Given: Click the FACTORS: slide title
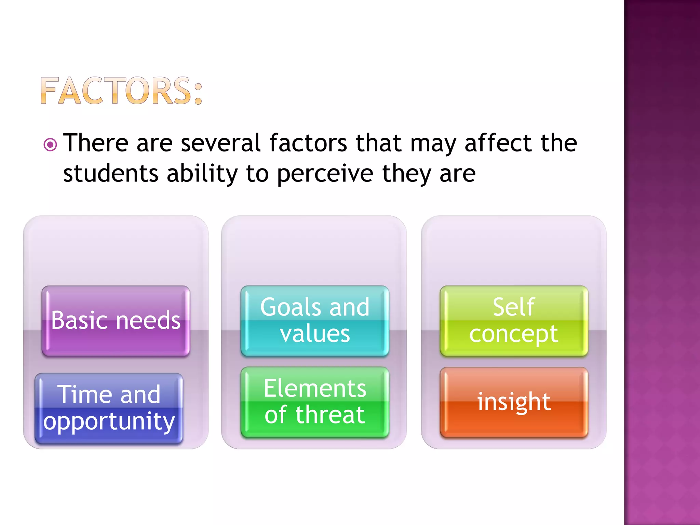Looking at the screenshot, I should [121, 91].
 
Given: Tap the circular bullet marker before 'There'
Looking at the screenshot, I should [50, 145].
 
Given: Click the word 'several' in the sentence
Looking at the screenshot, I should [221, 143].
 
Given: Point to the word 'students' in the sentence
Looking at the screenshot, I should [111, 173].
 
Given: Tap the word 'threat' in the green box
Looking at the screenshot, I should [330, 415].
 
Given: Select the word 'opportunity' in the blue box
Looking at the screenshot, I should [109, 422].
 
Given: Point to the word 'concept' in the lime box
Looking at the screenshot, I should [514, 334].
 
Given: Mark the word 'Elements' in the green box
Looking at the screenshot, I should [315, 389].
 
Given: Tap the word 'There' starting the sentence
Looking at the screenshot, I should [96, 143].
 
